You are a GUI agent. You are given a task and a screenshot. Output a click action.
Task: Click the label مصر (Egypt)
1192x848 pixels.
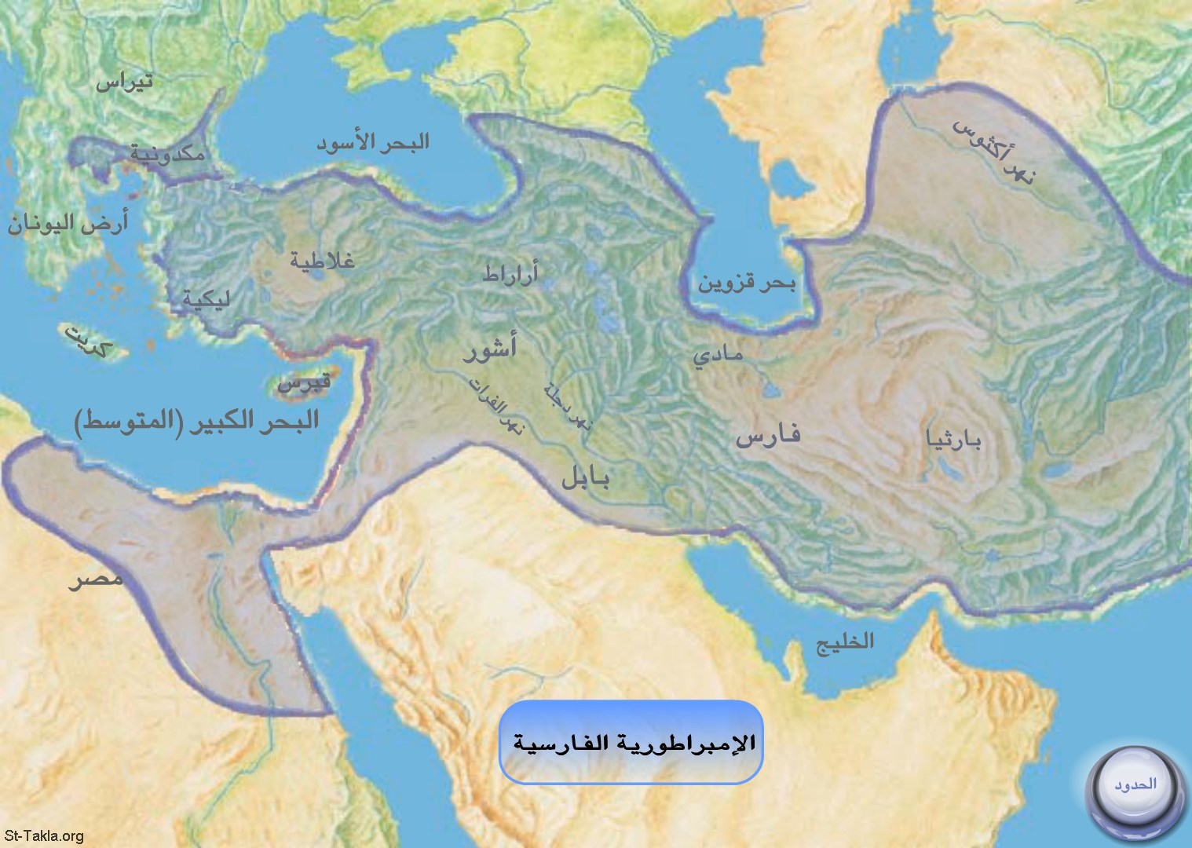pos(95,580)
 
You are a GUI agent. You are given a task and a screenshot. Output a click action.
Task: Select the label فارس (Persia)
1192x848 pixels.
pos(767,435)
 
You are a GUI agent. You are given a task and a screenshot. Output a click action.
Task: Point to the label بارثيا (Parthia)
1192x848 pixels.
pos(954,441)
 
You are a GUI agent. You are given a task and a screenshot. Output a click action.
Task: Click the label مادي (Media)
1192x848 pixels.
pos(717,356)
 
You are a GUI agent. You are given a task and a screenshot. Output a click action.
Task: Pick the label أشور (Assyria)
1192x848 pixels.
pos(489,349)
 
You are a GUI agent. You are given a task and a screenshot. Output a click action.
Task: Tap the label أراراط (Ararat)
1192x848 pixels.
pos(510,274)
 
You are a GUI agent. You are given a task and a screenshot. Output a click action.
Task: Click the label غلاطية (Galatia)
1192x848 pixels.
pos(322,260)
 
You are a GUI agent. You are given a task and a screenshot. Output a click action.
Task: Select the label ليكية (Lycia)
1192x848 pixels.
pos(203,299)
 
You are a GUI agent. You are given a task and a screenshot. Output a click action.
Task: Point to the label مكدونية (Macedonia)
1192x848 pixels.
pos(166,154)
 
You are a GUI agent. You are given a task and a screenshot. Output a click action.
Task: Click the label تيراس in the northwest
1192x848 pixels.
pos(124,82)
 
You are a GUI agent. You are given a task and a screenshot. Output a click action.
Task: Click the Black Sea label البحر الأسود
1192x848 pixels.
pos(373,143)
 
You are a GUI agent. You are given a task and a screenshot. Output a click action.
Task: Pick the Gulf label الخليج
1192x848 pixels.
pos(845,641)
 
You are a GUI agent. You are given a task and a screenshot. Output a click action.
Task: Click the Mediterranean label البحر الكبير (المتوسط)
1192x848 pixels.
pos(197,420)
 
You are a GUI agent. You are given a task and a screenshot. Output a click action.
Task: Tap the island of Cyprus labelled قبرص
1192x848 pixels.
pos(305,383)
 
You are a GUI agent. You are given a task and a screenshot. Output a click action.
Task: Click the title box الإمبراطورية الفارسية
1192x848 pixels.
pos(631,742)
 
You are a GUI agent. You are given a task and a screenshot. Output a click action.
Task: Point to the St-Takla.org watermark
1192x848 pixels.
pos(43,837)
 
